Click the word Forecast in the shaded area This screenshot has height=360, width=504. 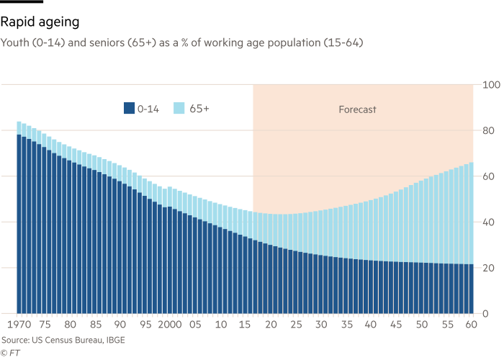[x=357, y=110]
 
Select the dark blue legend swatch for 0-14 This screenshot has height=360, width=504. [x=130, y=109]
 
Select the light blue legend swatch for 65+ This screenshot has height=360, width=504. [x=179, y=109]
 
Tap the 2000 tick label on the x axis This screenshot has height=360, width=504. [x=170, y=325]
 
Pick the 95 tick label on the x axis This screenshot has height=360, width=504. [x=145, y=325]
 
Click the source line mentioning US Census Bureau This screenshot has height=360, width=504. [x=63, y=340]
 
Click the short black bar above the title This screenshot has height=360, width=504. [x=22, y=3]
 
